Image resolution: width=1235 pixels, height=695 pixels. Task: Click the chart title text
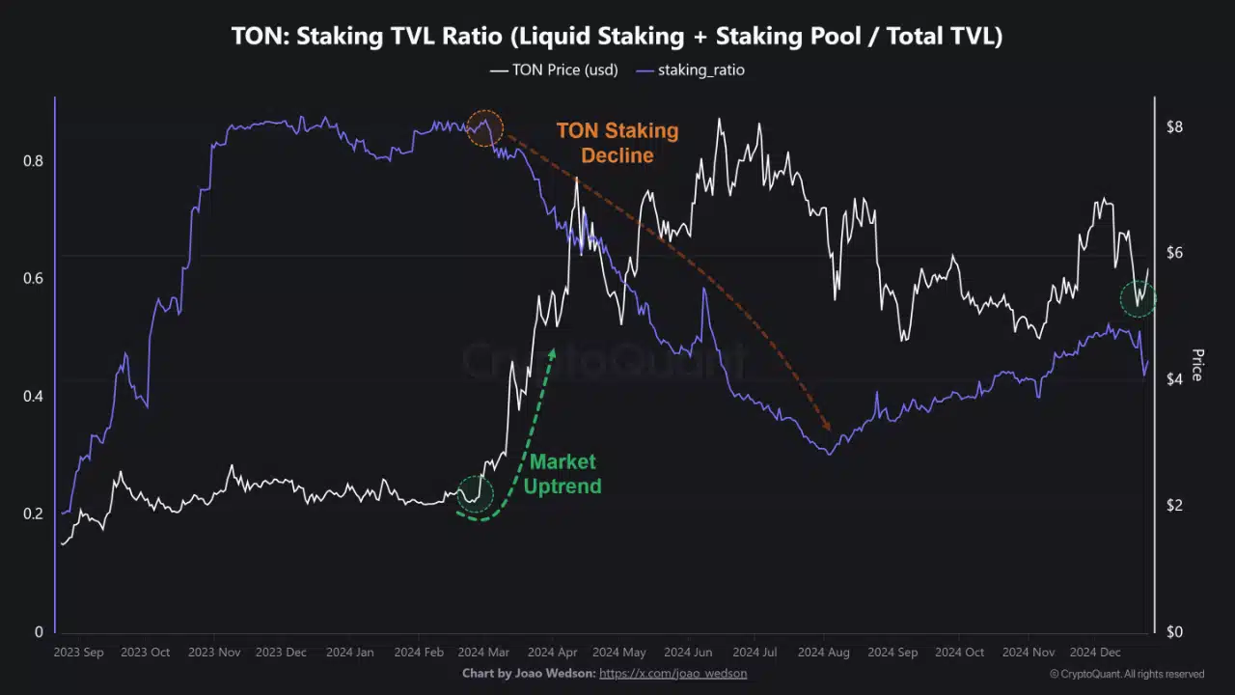(617, 37)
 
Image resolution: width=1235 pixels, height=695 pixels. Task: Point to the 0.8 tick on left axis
(33, 161)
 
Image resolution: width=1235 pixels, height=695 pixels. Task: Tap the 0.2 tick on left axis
(33, 514)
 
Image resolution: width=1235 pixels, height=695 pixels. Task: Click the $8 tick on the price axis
(1174, 127)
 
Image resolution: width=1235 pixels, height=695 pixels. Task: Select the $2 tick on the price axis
(1174, 506)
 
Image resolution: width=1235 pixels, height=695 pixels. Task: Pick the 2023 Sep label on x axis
(79, 653)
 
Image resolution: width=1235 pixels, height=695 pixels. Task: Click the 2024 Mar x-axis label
(482, 653)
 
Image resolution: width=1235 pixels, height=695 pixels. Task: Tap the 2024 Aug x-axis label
(823, 653)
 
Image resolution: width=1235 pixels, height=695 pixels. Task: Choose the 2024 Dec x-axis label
(1094, 653)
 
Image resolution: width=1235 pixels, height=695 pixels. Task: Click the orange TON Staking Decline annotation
(617, 143)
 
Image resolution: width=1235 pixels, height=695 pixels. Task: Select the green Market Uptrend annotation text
(563, 474)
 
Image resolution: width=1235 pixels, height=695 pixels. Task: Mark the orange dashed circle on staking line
(485, 128)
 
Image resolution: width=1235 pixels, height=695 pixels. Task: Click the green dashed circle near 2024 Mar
(475, 494)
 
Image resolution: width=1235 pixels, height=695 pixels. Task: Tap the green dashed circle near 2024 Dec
(1138, 299)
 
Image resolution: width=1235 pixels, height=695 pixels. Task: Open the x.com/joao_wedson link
(672, 673)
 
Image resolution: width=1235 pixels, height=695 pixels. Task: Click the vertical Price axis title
(1197, 365)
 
